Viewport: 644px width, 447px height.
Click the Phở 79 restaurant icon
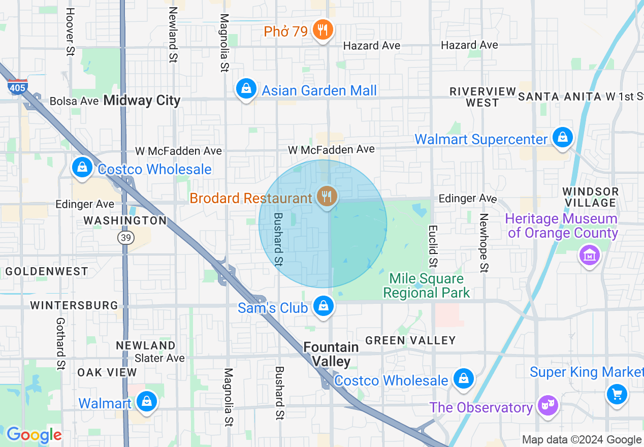point(322,30)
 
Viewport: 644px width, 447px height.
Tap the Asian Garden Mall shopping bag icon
point(246,89)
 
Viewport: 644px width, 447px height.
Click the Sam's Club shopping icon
point(323,306)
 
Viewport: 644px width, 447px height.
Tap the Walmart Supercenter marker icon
point(562,137)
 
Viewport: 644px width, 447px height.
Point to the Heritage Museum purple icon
point(589,255)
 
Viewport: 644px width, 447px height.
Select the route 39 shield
point(125,237)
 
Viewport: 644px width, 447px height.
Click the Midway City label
point(142,101)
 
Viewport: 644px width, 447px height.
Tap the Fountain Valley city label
point(331,354)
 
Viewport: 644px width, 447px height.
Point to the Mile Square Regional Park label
point(427,285)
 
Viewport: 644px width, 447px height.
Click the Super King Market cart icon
point(617,394)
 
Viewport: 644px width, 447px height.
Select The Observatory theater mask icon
point(549,405)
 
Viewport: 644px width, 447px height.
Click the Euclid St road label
point(432,246)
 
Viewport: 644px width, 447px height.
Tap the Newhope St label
point(484,242)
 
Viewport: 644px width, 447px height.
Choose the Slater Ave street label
point(159,358)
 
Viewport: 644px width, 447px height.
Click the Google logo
point(34,435)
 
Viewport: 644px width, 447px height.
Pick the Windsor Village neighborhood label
point(591,197)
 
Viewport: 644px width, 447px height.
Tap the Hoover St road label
point(70,31)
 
